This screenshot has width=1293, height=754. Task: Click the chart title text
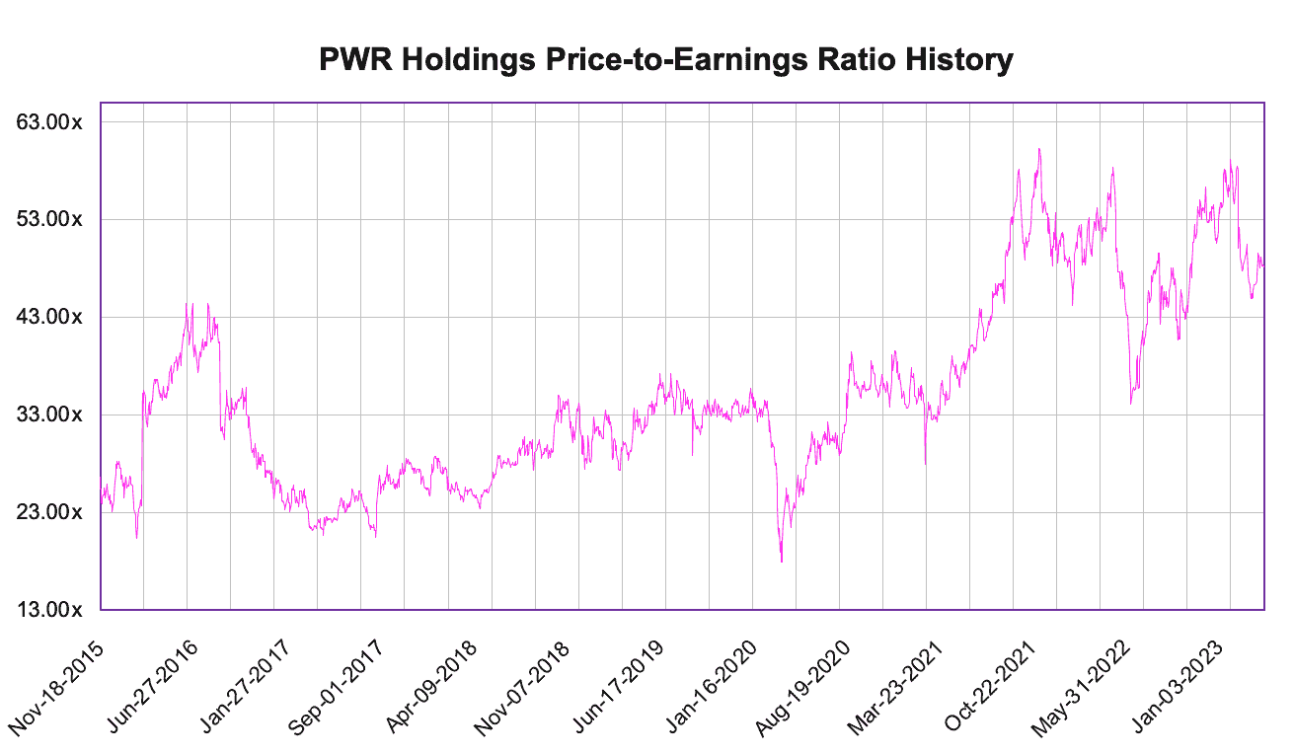pyautogui.click(x=666, y=60)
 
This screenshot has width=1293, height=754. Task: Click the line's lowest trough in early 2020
pyautogui.click(x=782, y=562)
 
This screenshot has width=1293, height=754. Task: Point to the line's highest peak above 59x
pyautogui.click(x=1039, y=149)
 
